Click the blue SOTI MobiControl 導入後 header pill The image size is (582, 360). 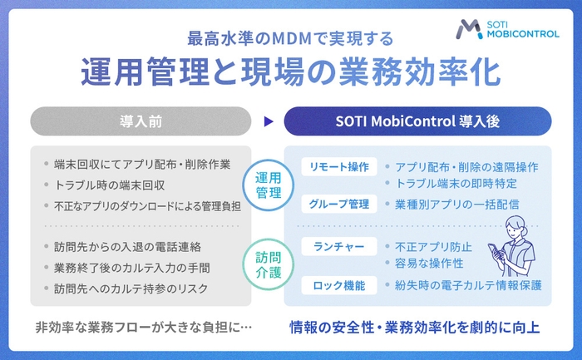click(x=417, y=121)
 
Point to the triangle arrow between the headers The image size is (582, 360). click(x=268, y=121)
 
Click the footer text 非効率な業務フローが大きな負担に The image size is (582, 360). click(x=141, y=328)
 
